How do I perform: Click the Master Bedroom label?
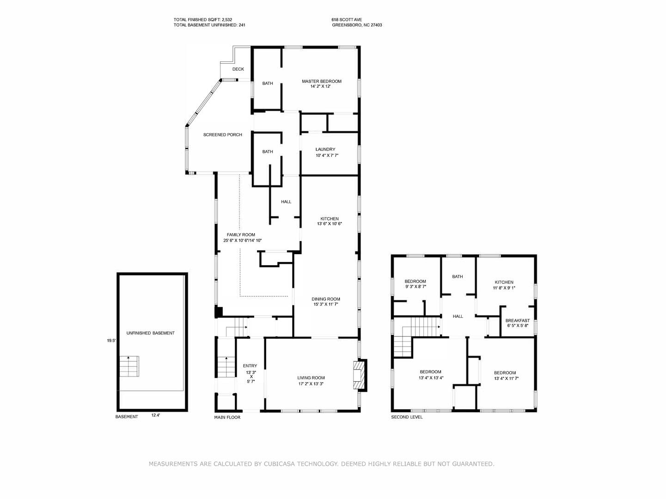pos(321,81)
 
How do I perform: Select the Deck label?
pos(238,69)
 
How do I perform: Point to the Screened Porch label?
pos(223,135)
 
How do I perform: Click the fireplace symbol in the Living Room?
pos(359,375)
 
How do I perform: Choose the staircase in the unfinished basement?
pos(129,367)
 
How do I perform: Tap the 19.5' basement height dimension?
pos(111,341)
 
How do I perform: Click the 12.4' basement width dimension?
pos(156,415)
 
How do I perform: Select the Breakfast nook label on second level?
pos(517,321)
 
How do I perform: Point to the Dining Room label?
pos(325,299)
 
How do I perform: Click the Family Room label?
pos(241,235)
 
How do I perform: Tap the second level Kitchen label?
pos(504,282)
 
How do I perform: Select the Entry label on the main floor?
pos(250,366)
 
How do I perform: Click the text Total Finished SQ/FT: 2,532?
pos(203,19)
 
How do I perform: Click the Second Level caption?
pos(407,417)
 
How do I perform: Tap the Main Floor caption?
pos(227,417)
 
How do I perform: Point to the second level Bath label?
pos(457,277)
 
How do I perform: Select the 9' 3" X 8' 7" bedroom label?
pos(415,287)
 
